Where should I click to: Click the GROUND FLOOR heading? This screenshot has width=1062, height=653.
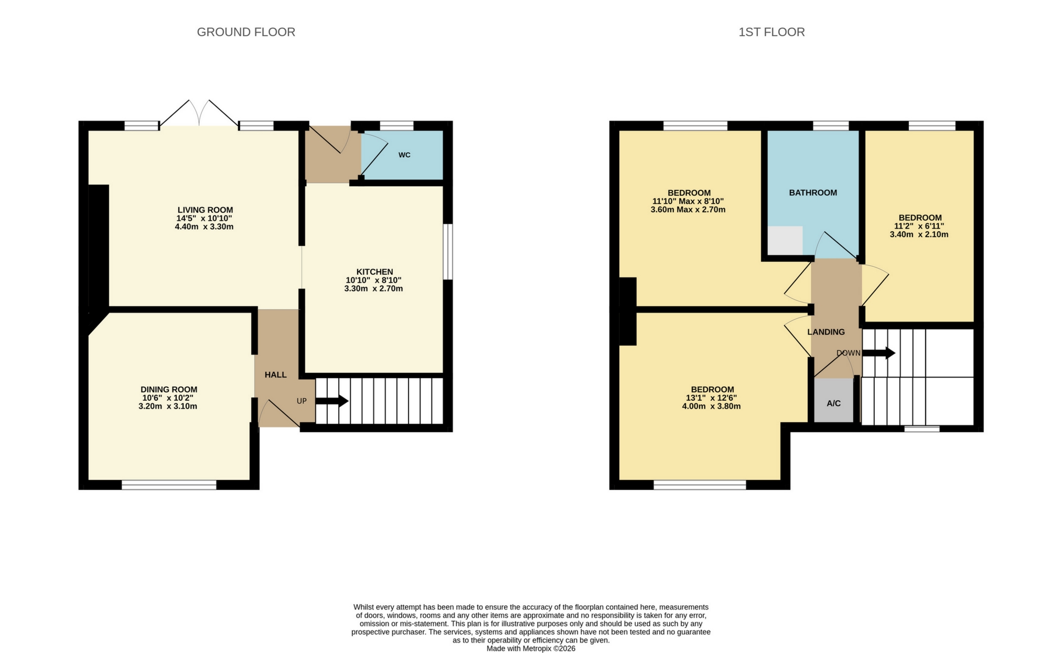coord(246,32)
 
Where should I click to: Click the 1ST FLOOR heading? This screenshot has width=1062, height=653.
coord(771,32)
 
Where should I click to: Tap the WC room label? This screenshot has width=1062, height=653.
coord(404,155)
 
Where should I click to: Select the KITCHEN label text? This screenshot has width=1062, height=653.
coord(374,272)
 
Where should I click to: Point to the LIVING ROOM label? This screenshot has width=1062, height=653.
coord(205,210)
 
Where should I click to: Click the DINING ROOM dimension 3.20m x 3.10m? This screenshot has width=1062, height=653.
coord(168,406)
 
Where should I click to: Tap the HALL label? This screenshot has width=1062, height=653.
coord(275,374)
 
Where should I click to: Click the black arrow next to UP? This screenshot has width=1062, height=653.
coord(331,401)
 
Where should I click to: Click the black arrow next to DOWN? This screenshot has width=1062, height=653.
coord(879,353)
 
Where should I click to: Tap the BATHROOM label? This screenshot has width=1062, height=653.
coord(813,192)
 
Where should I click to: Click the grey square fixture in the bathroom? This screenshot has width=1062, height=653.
coord(785,240)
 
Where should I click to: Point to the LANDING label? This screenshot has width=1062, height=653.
coord(826,332)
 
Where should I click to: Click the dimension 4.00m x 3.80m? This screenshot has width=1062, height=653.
coord(711,406)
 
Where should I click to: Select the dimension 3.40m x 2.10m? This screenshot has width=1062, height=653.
coord(919,235)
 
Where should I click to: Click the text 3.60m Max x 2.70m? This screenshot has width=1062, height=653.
coord(688,210)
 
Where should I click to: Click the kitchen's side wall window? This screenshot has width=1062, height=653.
coord(448,252)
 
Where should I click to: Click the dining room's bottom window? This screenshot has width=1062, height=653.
coord(169,485)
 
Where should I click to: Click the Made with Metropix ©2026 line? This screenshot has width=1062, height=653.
coord(531,649)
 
